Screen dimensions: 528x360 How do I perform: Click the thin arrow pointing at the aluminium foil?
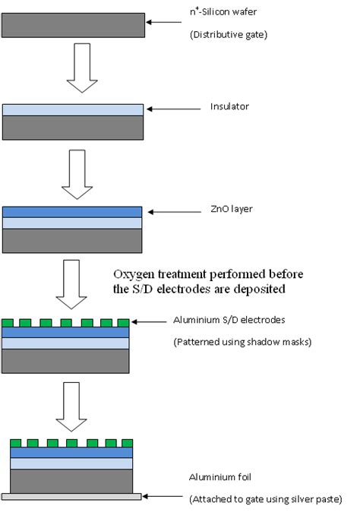(163, 498)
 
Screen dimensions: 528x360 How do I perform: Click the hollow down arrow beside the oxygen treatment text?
(74, 284)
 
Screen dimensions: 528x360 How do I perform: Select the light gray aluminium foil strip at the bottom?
(72, 497)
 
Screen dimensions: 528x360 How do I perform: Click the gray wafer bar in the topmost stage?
(74, 25)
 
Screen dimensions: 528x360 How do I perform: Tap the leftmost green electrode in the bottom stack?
(17, 443)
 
